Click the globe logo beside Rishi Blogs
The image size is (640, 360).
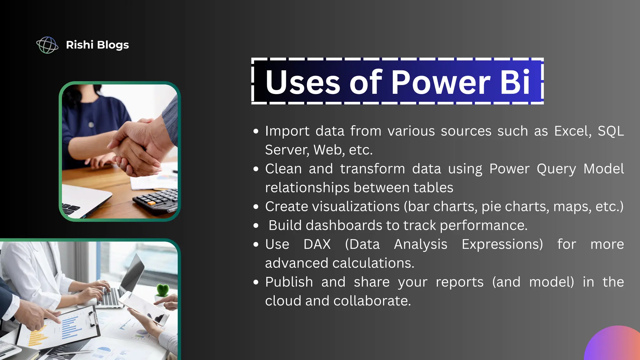pyautogui.click(x=47, y=45)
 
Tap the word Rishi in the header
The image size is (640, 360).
pyautogui.click(x=80, y=45)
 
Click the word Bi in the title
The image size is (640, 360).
pyautogui.click(x=515, y=82)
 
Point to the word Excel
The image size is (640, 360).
pyautogui.click(x=572, y=131)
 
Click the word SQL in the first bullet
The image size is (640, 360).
pyautogui.click(x=611, y=131)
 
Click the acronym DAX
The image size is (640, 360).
pyautogui.click(x=317, y=244)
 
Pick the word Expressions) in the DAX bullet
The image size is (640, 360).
pyautogui.click(x=502, y=244)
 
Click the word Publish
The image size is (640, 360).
pyautogui.click(x=289, y=282)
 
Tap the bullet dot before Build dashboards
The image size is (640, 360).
pyautogui.click(x=256, y=226)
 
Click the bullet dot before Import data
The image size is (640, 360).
pyautogui.click(x=256, y=131)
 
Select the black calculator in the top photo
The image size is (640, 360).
pyautogui.click(x=156, y=200)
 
